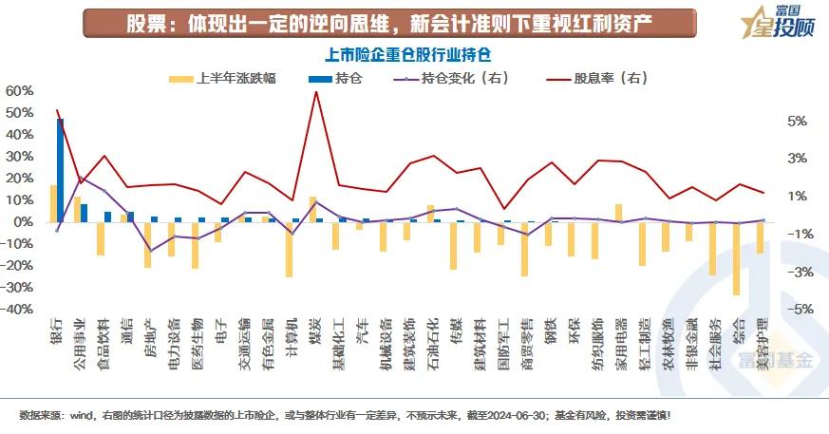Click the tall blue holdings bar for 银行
(60, 170)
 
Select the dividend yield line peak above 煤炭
(315, 92)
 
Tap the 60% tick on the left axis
(19, 91)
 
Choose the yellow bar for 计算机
(289, 249)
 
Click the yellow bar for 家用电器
(618, 213)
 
